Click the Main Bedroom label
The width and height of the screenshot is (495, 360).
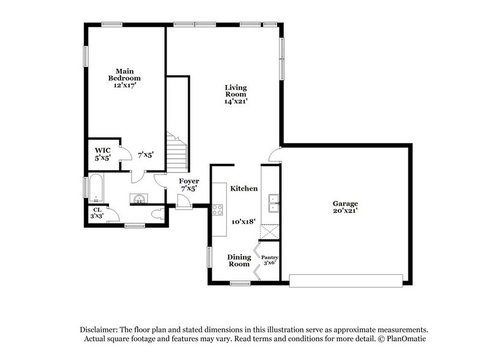124,78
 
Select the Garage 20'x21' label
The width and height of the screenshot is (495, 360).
345,207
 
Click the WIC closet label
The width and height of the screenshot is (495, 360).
102,153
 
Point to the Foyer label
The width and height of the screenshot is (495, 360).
188,185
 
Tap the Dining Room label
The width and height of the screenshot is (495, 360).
239,261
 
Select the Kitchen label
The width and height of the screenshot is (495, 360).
244,189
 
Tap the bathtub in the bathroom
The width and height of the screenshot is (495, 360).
97,189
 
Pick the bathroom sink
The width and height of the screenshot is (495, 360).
138,198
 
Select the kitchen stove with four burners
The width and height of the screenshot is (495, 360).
218,210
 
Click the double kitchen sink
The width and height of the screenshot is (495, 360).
274,200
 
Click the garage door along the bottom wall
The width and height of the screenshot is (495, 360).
346,280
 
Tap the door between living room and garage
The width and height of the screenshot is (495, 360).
275,154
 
